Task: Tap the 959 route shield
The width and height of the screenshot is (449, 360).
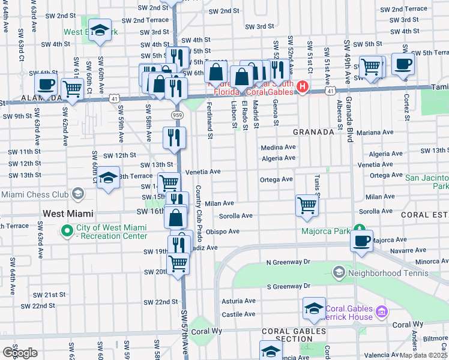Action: coord(176,115)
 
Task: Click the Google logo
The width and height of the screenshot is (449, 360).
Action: coord(20,352)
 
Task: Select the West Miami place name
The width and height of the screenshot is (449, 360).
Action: coord(68,214)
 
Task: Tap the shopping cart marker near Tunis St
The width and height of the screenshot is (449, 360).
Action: coord(307,205)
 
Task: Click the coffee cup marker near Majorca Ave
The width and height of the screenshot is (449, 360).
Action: coord(361,240)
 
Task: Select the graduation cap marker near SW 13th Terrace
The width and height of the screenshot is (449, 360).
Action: coord(108,178)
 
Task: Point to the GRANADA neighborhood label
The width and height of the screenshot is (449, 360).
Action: coord(313,131)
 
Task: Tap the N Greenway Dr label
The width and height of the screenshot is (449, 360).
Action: coord(288,262)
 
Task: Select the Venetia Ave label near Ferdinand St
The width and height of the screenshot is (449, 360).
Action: coord(202,172)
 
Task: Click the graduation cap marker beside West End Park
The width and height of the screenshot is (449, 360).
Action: coord(100,30)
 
